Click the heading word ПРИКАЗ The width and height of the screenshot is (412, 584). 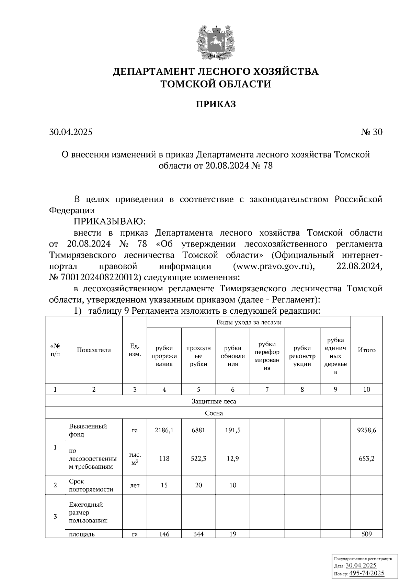[x=216, y=104]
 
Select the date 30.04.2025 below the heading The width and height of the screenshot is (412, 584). [x=71, y=132]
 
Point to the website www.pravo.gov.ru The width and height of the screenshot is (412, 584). [x=273, y=266]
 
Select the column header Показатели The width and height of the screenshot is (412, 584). [x=94, y=350]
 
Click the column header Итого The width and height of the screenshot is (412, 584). [x=366, y=350]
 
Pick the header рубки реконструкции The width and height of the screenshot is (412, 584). [x=302, y=356]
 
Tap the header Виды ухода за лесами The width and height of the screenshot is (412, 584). [x=249, y=322]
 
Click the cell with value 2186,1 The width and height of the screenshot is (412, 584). [x=164, y=430]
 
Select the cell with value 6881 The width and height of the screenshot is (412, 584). [x=198, y=430]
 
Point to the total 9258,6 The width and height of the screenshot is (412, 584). [x=366, y=430]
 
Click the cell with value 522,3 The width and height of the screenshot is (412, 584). [x=198, y=458]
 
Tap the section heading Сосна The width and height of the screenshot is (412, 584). [x=214, y=413]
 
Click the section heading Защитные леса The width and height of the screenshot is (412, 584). [x=214, y=401]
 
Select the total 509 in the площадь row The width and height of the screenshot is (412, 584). [x=366, y=534]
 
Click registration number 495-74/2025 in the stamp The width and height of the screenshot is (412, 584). [x=366, y=573]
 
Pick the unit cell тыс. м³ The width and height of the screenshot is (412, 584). [x=135, y=458]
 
